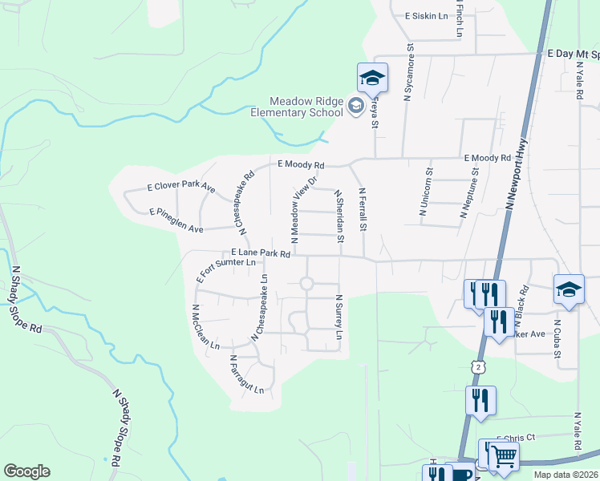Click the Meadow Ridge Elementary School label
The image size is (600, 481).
[306, 107]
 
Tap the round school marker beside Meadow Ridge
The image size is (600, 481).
[355, 107]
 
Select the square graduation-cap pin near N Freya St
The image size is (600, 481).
[372, 78]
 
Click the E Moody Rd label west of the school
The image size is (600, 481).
[301, 165]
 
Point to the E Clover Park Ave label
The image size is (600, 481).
[181, 188]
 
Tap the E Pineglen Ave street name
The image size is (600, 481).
[176, 216]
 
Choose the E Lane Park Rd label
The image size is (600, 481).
[249, 253]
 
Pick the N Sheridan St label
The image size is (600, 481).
[339, 216]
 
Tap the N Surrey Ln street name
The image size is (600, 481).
[339, 316]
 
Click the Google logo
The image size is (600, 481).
[26, 471]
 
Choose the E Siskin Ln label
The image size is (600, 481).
[426, 15]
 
